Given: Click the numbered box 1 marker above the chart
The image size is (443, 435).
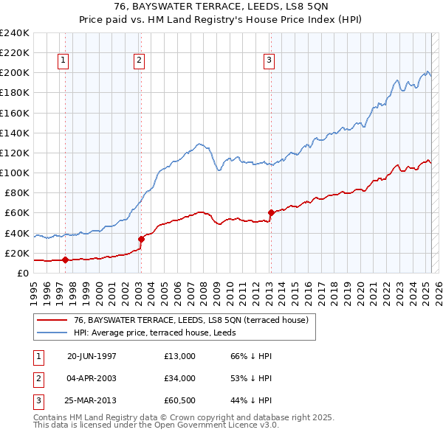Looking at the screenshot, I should [x=64, y=61].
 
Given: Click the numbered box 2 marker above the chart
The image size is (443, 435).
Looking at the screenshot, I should [x=140, y=61].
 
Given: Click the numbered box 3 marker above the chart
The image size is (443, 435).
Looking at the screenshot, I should [x=269, y=61].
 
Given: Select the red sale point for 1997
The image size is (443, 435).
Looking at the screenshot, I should [x=65, y=260].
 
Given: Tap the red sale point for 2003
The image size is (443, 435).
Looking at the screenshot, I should [x=140, y=238].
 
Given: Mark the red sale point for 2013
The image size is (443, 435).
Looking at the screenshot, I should [x=270, y=212].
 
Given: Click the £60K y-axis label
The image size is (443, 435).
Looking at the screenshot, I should [x=17, y=212].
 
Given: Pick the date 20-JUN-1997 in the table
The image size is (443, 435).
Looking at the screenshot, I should [x=92, y=356].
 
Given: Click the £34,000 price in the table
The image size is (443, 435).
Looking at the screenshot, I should [x=180, y=378].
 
